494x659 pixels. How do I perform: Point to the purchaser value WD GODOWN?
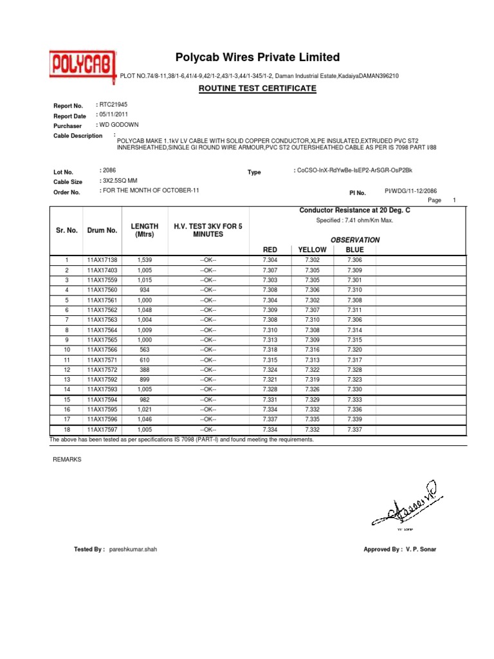click(x=118, y=124)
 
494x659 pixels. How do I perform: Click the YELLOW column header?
click(x=313, y=249)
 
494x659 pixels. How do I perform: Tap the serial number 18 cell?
click(x=66, y=429)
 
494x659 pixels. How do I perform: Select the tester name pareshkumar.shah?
click(x=133, y=549)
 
